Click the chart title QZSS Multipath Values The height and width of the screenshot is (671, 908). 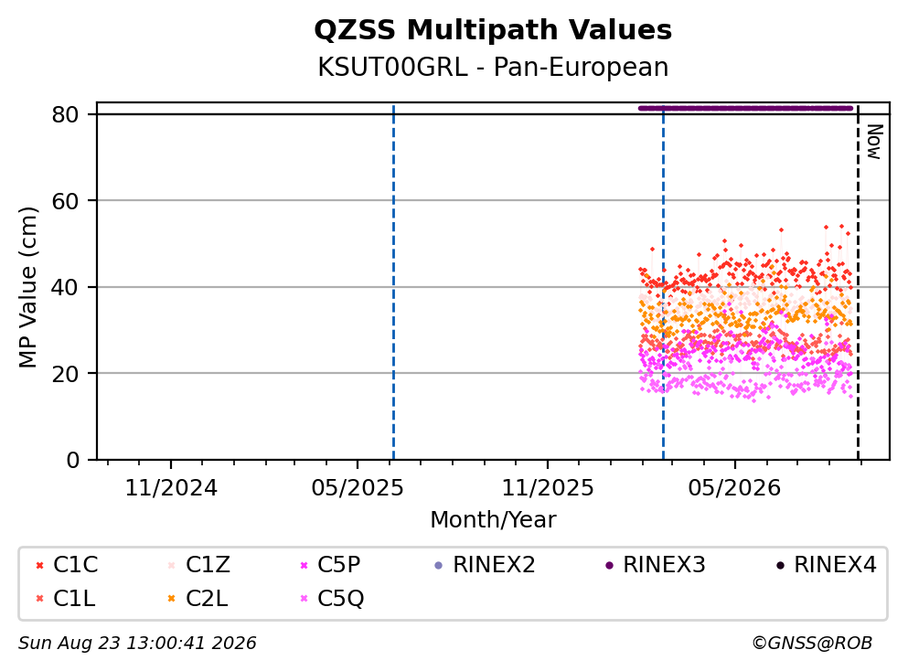[493, 30]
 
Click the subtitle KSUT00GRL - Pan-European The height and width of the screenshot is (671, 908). [493, 67]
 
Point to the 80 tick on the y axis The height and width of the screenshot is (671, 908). [66, 114]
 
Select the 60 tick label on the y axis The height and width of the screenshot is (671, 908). [66, 201]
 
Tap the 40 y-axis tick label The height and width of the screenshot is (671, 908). [66, 287]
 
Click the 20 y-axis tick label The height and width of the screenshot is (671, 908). [66, 373]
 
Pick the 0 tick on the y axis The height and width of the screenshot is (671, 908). [73, 460]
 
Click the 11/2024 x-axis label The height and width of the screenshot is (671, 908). [171, 488]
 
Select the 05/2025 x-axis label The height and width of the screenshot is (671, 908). [358, 488]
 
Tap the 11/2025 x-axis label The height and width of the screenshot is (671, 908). [547, 488]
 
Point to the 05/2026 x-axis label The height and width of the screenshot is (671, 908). [734, 488]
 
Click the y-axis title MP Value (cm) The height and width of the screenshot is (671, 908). [27, 287]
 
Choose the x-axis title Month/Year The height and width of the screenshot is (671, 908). [493, 519]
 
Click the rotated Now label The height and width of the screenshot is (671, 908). [874, 142]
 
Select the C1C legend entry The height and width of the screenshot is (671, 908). [67, 564]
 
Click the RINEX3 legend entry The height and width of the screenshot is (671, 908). [656, 564]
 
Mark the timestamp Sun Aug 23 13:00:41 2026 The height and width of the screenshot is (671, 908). [137, 643]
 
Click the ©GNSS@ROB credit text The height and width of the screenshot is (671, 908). [812, 643]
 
